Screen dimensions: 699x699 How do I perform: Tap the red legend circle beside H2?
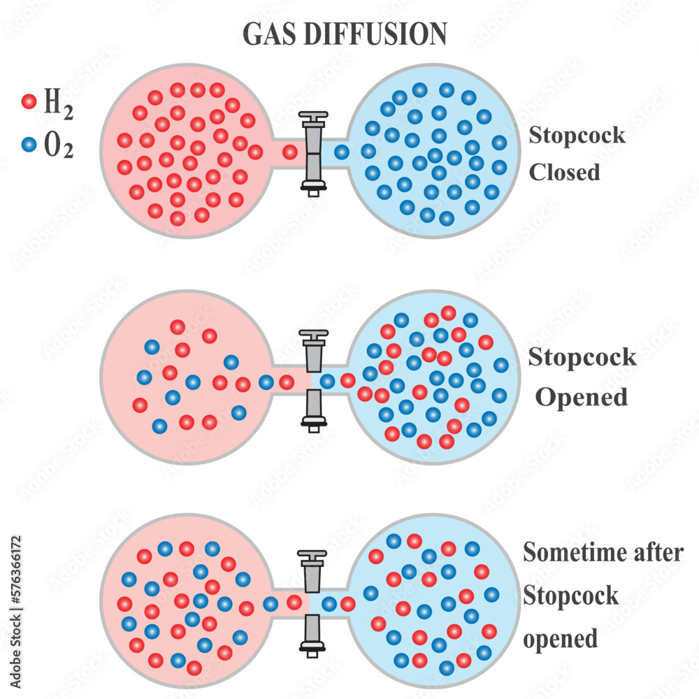click(x=29, y=102)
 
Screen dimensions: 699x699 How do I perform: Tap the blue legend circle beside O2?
click(x=29, y=145)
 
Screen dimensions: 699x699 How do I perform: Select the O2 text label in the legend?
click(x=59, y=146)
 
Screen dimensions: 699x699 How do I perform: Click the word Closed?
click(x=564, y=171)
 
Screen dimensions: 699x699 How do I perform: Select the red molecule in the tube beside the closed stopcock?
click(x=289, y=152)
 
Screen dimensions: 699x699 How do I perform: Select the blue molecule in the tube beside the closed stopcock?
click(x=341, y=152)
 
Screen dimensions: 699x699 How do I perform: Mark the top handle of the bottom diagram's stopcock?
click(x=312, y=557)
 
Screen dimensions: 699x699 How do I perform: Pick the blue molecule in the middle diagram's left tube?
click(x=266, y=382)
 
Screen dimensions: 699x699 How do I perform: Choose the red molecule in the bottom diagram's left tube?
click(x=294, y=602)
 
